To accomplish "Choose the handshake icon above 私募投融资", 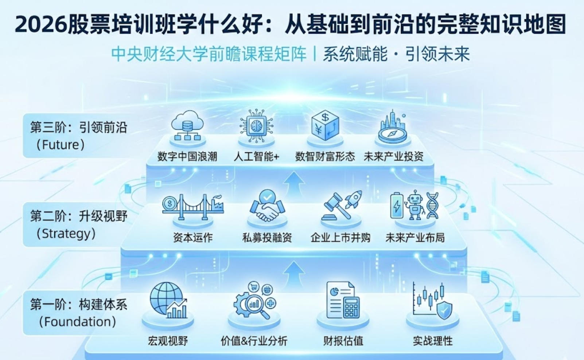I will point(267,207).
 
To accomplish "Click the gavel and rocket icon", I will point(341,206).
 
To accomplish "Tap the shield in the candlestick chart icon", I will point(444,310).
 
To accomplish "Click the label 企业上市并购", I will point(340,238).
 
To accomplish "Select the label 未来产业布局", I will point(415,238).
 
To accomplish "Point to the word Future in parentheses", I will point(61,145).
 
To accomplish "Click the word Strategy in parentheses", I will point(66,234).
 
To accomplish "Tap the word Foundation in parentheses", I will point(78,322).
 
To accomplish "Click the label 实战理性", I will point(433,341).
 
